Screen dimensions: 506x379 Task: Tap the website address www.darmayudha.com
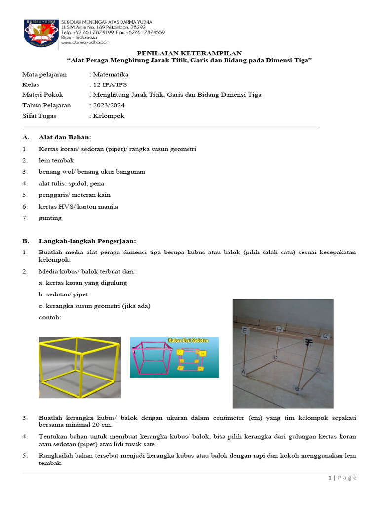tap(84, 43)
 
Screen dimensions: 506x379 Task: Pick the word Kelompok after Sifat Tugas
tap(109, 116)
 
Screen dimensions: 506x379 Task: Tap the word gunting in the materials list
tap(50, 218)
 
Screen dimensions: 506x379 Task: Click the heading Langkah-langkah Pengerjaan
tap(87, 241)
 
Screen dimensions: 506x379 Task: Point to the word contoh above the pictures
tap(50, 317)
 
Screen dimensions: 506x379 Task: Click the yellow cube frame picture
tap(80, 367)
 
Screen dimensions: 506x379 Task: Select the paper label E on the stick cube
tap(245, 331)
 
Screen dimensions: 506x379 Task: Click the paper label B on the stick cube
tap(297, 389)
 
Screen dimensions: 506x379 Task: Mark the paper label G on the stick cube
tap(325, 336)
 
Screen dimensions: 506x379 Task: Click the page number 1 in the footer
tap(329, 478)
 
